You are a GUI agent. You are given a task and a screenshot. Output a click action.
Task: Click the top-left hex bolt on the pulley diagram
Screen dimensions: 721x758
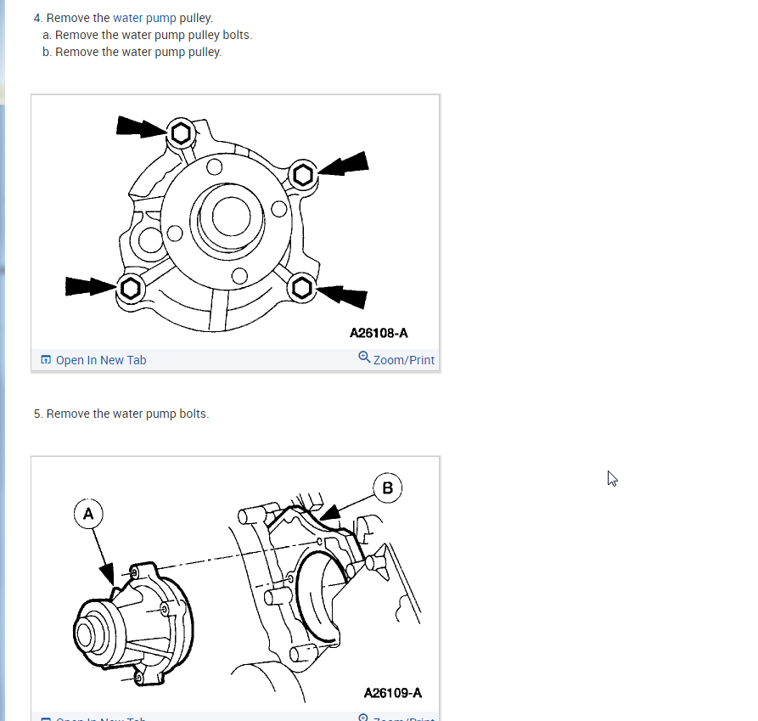(x=181, y=133)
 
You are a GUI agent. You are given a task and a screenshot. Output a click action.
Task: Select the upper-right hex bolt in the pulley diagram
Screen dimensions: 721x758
(x=304, y=176)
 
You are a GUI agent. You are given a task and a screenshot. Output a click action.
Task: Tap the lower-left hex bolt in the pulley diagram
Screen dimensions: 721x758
(x=130, y=289)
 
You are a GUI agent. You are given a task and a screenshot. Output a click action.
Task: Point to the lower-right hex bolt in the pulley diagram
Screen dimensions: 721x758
(x=301, y=288)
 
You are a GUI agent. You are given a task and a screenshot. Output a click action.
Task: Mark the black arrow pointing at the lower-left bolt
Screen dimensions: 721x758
(x=90, y=286)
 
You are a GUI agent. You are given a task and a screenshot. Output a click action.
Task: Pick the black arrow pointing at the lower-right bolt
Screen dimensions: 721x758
(x=343, y=295)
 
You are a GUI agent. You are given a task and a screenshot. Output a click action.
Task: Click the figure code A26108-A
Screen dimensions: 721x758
(x=385, y=334)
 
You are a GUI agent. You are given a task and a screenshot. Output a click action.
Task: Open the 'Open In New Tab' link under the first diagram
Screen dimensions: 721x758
(x=100, y=360)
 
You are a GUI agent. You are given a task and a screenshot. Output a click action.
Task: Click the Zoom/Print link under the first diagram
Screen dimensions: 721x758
(x=403, y=360)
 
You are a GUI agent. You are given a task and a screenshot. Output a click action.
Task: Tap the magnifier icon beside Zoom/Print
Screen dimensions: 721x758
(x=364, y=358)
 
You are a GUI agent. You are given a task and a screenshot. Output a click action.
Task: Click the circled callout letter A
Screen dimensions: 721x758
(x=88, y=513)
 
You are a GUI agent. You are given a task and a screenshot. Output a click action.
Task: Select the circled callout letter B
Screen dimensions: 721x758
(x=388, y=487)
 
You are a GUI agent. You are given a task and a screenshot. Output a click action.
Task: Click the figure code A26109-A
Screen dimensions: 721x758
(x=393, y=693)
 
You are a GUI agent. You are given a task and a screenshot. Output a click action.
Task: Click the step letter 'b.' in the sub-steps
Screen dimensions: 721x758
(x=48, y=52)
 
